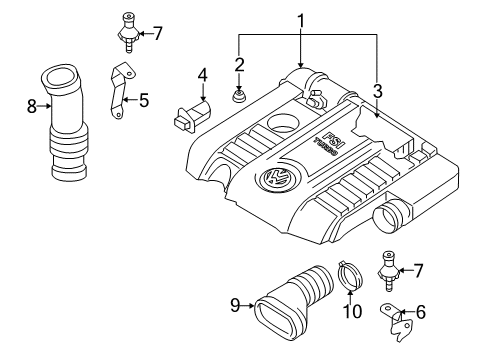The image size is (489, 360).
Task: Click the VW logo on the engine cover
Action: pyautogui.click(x=276, y=177)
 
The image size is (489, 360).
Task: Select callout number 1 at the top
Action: pyautogui.click(x=301, y=22)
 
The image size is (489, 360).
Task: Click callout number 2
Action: pyautogui.click(x=239, y=64)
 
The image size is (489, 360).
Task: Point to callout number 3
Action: pyautogui.click(x=377, y=92)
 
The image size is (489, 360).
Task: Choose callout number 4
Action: pyautogui.click(x=203, y=75)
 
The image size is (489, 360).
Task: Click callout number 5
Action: pyautogui.click(x=144, y=100)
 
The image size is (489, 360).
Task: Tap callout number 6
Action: pyautogui.click(x=421, y=312)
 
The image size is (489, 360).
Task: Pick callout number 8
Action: pyautogui.click(x=32, y=107)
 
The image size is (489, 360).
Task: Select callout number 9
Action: pyautogui.click(x=235, y=305)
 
